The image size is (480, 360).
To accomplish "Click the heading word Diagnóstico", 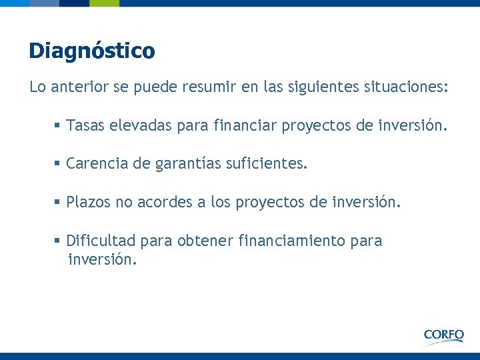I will point(91,51).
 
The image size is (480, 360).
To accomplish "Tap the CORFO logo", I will point(443,335).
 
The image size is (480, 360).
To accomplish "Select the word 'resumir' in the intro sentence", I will point(229,87).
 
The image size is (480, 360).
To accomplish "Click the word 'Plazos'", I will point(88,202).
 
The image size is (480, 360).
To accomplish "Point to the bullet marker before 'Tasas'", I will point(59,125).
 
